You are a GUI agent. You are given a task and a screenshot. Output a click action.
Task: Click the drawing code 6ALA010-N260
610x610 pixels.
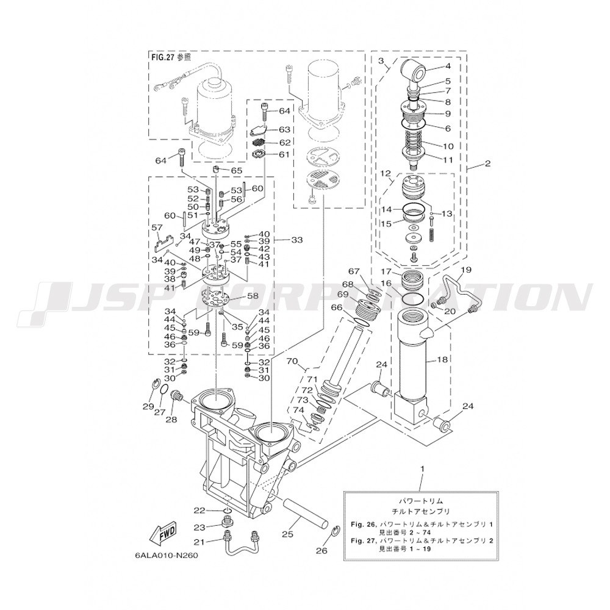167,555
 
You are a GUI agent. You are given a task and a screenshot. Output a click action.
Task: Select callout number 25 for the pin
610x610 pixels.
287,534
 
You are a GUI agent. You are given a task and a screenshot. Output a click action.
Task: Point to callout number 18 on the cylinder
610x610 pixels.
442,360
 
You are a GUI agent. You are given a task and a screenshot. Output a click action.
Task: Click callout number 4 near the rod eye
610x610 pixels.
448,66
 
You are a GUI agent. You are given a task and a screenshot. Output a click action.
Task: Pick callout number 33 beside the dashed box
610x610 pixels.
297,240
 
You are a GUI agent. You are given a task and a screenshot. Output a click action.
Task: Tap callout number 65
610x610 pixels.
237,170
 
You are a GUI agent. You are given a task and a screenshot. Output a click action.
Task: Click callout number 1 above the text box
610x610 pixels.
423,468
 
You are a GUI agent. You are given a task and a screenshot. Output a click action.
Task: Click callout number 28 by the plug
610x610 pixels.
171,420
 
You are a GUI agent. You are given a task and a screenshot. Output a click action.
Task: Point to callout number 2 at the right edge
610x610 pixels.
487,163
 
